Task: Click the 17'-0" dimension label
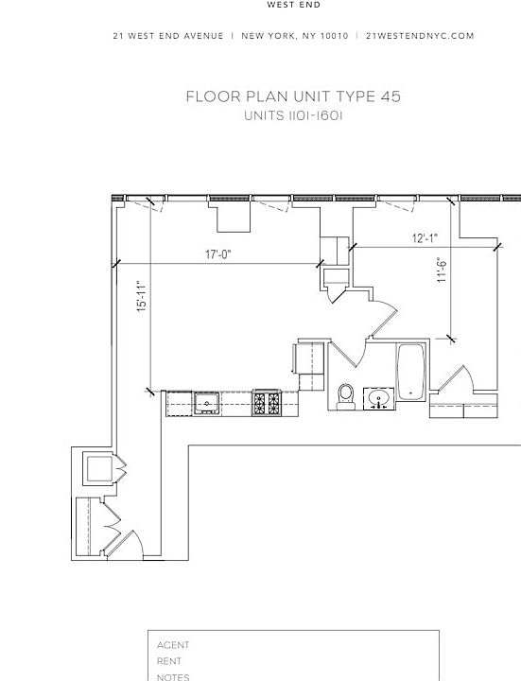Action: click(x=217, y=254)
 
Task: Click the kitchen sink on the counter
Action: click(x=207, y=405)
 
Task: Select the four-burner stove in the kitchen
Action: click(x=265, y=404)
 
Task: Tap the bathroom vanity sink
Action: click(x=379, y=398)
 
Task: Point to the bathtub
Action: click(x=411, y=373)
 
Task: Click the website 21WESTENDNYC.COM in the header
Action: click(x=420, y=36)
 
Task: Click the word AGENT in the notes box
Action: click(x=173, y=645)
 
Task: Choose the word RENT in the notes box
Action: click(x=170, y=661)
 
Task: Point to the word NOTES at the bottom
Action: click(x=173, y=676)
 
